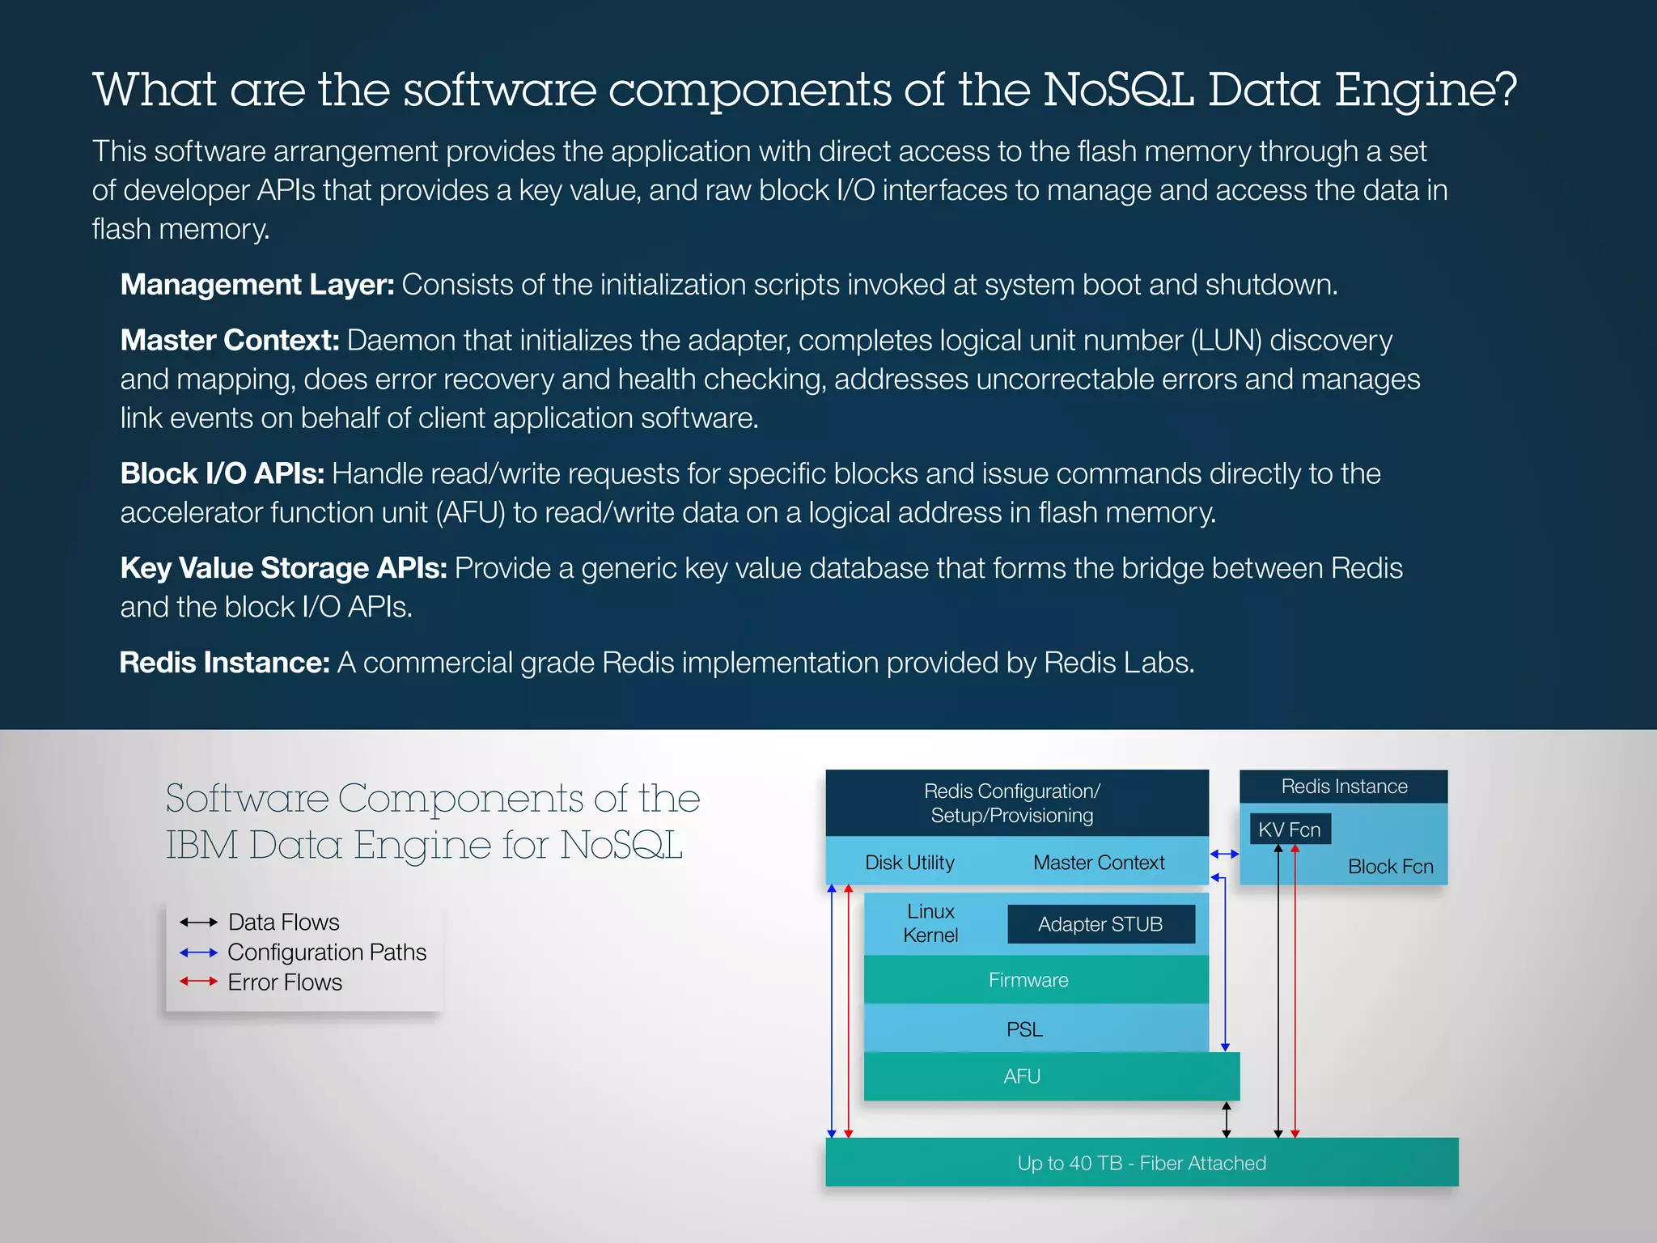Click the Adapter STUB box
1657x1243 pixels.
click(1100, 924)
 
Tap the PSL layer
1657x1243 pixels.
click(1024, 1029)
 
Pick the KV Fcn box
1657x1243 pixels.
click(1290, 829)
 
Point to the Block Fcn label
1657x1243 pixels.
click(1390, 867)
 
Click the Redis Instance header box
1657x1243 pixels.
click(1343, 787)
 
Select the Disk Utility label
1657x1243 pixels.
click(909, 863)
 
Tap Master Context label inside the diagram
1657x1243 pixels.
click(1099, 863)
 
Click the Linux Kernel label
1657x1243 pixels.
click(930, 923)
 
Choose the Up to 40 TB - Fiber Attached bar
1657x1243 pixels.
click(1141, 1163)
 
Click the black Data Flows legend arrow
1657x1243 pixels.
click(198, 923)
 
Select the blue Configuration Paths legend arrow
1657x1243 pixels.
click(198, 952)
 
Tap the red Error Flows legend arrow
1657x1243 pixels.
click(198, 982)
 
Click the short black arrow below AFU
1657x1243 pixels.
click(1227, 1120)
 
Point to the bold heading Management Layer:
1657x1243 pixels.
click(256, 285)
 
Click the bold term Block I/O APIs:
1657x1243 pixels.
click(222, 474)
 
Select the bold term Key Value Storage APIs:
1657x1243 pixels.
click(283, 569)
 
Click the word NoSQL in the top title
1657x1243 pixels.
click(1118, 90)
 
